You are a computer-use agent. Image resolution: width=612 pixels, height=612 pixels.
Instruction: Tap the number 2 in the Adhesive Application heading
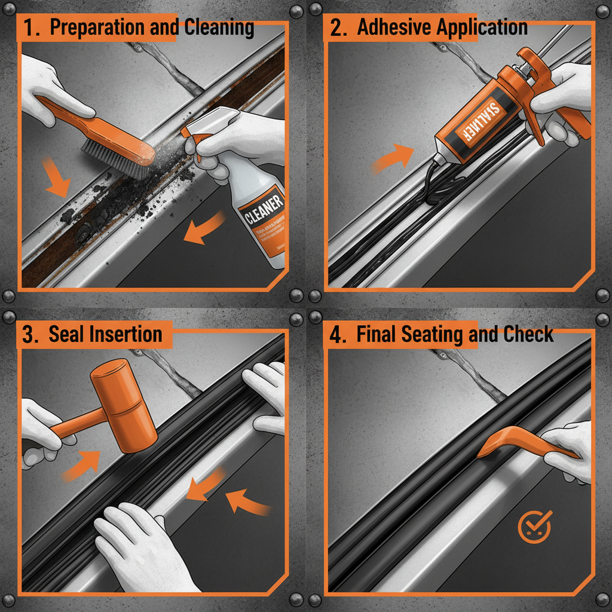coord(338,29)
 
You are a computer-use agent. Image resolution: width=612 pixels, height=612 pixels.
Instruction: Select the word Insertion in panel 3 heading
coord(125,334)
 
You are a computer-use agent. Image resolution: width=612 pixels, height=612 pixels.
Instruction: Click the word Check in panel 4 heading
coord(528,335)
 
